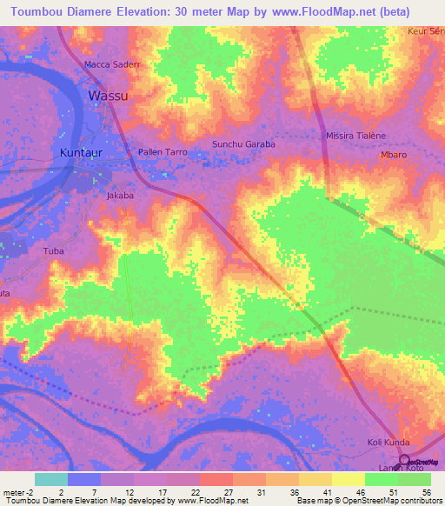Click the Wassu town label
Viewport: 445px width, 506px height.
click(109, 96)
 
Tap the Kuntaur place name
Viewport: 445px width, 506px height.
click(87, 153)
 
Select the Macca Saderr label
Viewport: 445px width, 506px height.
click(111, 65)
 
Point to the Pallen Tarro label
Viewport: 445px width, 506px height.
click(163, 152)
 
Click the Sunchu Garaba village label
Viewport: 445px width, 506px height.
click(243, 144)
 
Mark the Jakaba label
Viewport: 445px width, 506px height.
click(120, 196)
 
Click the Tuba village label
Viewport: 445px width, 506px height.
click(53, 251)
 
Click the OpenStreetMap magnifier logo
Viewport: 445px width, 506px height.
click(404, 462)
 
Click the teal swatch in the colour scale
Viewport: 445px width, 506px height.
click(50, 478)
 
